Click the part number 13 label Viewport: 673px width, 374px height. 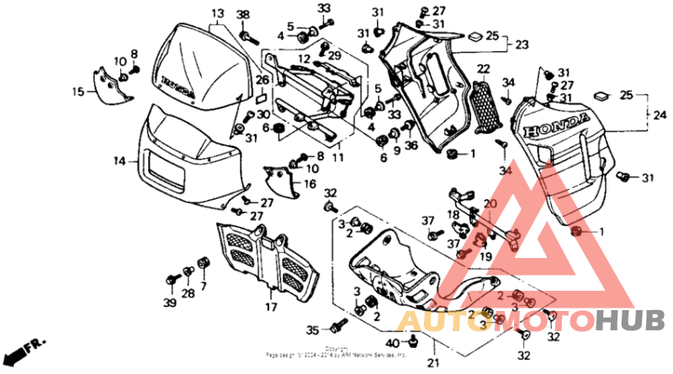[x=218, y=14]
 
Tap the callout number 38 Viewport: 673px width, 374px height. [x=243, y=15]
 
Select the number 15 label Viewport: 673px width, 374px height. [x=77, y=92]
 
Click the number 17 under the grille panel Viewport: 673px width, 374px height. [x=271, y=307]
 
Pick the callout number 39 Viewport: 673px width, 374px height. [x=170, y=303]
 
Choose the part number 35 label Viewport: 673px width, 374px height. [x=313, y=329]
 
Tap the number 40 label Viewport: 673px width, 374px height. [x=393, y=343]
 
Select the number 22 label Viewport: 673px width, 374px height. [x=484, y=69]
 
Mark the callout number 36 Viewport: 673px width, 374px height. [x=411, y=145]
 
